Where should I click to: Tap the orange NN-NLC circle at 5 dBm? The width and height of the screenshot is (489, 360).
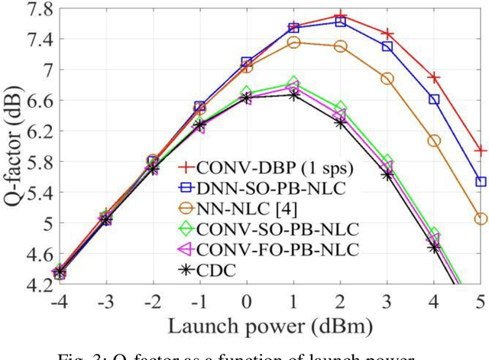[x=481, y=219]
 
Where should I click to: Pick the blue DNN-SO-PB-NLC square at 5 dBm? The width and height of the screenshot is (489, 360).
[x=481, y=182]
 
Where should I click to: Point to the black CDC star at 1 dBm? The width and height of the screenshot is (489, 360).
[x=293, y=95]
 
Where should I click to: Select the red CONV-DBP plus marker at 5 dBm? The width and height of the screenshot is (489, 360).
[x=481, y=151]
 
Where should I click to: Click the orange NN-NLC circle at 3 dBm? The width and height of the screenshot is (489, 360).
[x=387, y=79]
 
